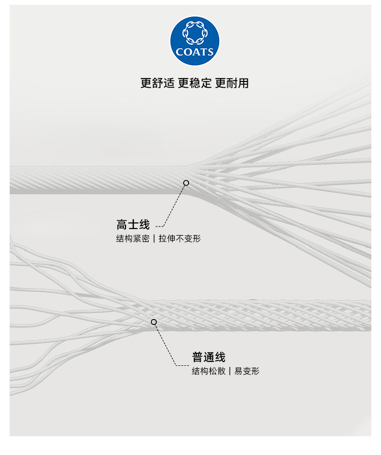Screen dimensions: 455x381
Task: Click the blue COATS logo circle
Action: (195, 40)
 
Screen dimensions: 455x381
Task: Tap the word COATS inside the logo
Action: (195, 52)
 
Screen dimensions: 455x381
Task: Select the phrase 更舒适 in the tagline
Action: (157, 83)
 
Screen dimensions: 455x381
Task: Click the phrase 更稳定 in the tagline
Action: (195, 83)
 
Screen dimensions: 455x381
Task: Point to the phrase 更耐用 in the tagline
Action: (232, 83)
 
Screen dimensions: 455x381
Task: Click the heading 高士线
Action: (133, 225)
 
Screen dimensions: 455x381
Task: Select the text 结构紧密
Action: (133, 239)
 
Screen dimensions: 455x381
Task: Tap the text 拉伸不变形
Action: (179, 239)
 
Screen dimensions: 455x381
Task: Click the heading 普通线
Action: (209, 357)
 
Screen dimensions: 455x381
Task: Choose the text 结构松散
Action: (208, 371)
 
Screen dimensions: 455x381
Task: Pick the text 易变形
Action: (247, 371)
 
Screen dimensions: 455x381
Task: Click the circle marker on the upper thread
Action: (186, 183)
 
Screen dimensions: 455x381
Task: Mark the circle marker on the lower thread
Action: (154, 322)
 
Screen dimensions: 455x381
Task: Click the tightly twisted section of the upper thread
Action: (96, 180)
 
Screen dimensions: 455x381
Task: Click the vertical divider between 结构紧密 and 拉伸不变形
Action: (154, 239)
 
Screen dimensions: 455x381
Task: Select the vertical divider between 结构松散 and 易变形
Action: (230, 371)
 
